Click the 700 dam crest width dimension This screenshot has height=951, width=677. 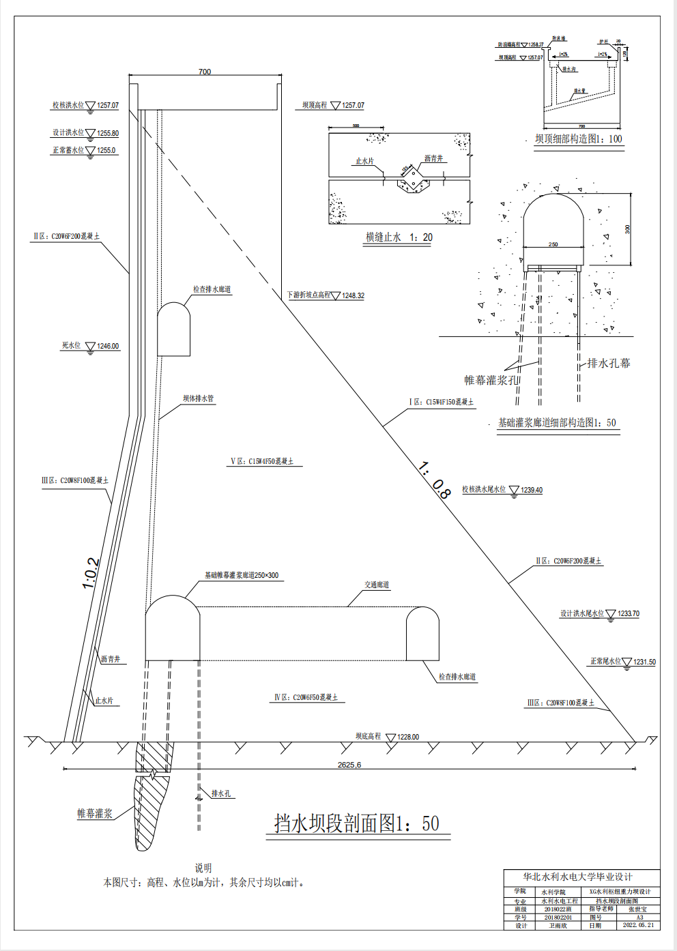point(205,72)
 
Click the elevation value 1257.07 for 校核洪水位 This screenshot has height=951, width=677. point(108,106)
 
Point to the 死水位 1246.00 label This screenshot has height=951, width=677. point(91,346)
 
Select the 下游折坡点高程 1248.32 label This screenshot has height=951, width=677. point(326,295)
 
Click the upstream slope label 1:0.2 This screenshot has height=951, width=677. point(91,574)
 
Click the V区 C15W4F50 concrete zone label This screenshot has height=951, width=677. point(263,462)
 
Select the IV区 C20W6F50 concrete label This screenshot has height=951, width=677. point(306,697)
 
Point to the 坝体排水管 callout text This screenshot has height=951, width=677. point(198,398)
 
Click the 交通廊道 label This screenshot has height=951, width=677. point(377,585)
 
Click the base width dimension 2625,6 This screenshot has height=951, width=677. point(349,765)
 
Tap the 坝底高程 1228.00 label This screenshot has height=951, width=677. point(387,737)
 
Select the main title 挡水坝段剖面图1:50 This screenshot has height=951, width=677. point(357,823)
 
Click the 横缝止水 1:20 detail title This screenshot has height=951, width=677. point(399,237)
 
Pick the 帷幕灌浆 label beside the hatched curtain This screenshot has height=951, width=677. point(95,813)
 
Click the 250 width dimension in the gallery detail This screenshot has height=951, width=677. point(553,244)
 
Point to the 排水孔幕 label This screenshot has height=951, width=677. point(609,363)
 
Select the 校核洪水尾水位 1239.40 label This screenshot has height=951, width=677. point(502,490)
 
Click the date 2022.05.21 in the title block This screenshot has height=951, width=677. point(638,925)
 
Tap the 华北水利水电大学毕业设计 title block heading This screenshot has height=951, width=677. point(577,877)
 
